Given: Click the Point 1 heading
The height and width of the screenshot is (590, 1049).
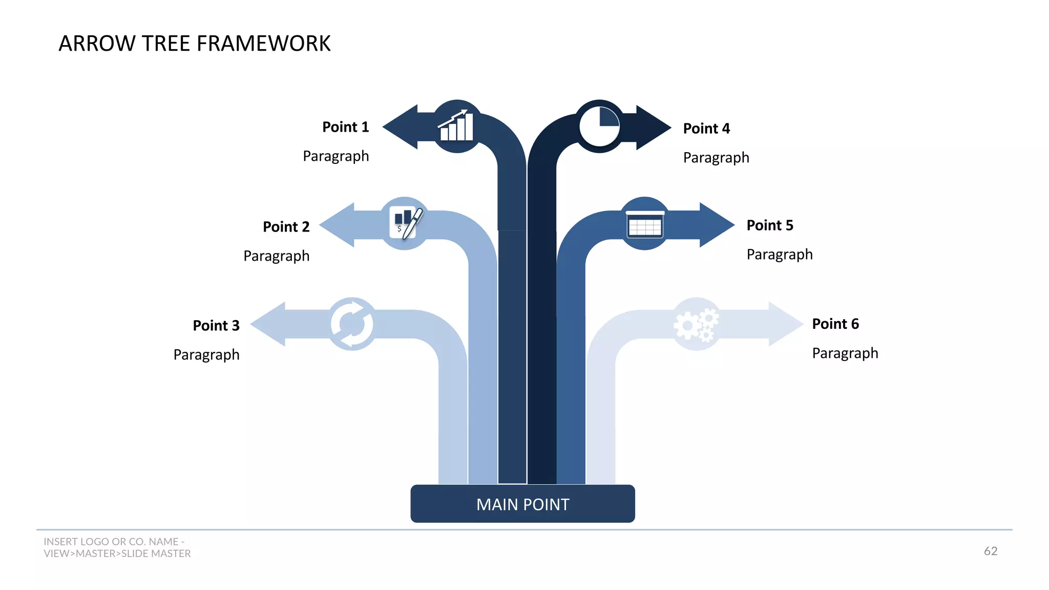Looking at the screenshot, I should (345, 127).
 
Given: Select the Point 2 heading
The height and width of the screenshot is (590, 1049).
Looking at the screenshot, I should (286, 227).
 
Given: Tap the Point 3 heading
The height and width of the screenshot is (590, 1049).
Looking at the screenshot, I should (216, 326).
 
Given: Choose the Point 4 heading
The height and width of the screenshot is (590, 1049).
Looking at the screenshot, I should (706, 129).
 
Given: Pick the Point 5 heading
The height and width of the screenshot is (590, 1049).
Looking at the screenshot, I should (769, 225).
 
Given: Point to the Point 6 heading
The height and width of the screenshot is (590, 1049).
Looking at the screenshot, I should (835, 324).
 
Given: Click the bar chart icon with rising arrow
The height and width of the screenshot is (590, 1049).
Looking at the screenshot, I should (456, 126).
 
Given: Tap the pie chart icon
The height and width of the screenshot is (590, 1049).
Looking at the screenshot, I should (599, 126).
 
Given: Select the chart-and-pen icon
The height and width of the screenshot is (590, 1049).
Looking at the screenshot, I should (405, 223).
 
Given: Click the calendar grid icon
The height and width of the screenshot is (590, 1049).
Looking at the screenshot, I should (645, 224).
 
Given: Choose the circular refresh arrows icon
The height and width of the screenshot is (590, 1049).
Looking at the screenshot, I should (352, 324).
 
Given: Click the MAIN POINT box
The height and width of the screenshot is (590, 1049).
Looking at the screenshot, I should (522, 504).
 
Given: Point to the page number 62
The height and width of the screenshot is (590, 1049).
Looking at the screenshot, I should (990, 551).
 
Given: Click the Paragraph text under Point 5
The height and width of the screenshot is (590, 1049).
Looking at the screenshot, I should (779, 255).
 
